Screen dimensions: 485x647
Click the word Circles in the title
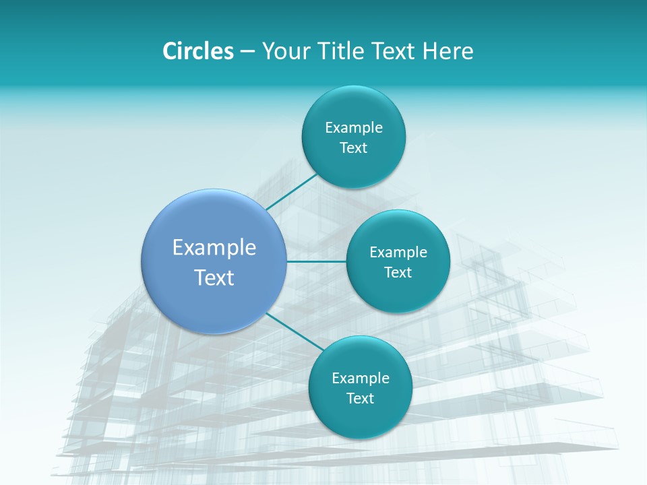tap(197, 51)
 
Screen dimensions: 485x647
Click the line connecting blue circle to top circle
tap(292, 191)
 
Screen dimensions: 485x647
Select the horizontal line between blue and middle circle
tap(316, 261)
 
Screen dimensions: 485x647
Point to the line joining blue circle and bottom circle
tap(294, 329)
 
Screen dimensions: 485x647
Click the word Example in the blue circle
tap(214, 248)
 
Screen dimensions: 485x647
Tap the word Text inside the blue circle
tap(214, 278)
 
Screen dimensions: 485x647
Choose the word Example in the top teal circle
tap(354, 127)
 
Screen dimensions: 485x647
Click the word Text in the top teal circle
tap(353, 148)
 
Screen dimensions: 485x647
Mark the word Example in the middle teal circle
tap(398, 252)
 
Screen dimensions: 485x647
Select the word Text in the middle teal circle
tap(398, 272)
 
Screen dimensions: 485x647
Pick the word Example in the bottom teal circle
tap(361, 378)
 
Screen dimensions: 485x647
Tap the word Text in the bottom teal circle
tap(360, 398)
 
